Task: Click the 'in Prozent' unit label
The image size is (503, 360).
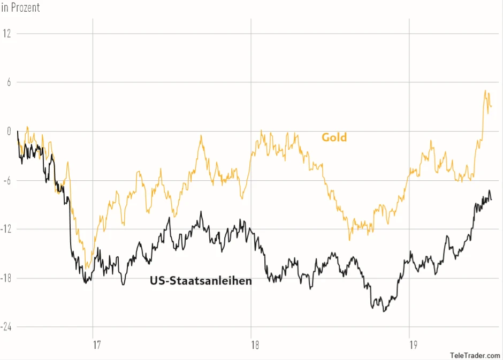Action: (x=20, y=7)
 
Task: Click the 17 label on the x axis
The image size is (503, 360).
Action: (x=97, y=345)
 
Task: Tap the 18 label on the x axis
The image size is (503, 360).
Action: (x=255, y=345)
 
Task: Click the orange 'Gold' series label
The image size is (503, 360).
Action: (x=334, y=137)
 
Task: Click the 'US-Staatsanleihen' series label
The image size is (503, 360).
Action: (x=201, y=280)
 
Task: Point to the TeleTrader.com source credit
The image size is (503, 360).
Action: (x=475, y=355)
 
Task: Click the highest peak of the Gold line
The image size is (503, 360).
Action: (x=485, y=90)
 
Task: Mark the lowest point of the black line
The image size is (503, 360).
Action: (x=384, y=311)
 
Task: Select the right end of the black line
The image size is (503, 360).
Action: (x=491, y=200)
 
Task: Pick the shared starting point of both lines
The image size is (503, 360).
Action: (x=18, y=131)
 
